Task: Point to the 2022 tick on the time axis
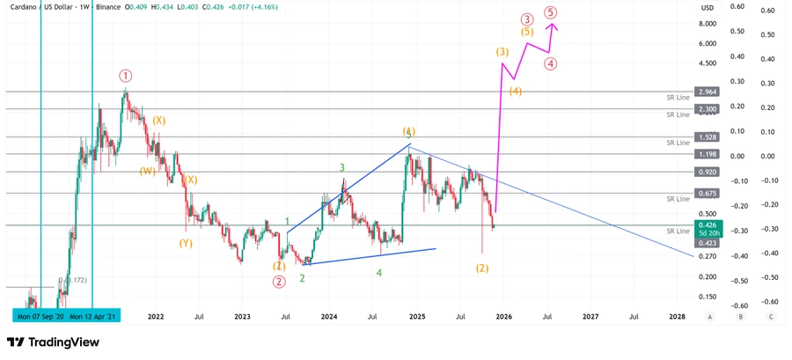coord(156,315)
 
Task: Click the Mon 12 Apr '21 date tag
coord(95,315)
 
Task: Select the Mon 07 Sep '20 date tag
coord(40,315)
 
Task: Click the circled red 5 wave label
coord(550,12)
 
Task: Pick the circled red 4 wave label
coord(549,63)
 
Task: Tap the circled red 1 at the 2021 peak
coord(126,77)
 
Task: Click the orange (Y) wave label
coord(186,243)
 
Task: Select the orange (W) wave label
coord(147,171)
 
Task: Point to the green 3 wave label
coord(341,167)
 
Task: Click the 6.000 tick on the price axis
coord(706,43)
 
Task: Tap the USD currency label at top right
coord(707,8)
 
